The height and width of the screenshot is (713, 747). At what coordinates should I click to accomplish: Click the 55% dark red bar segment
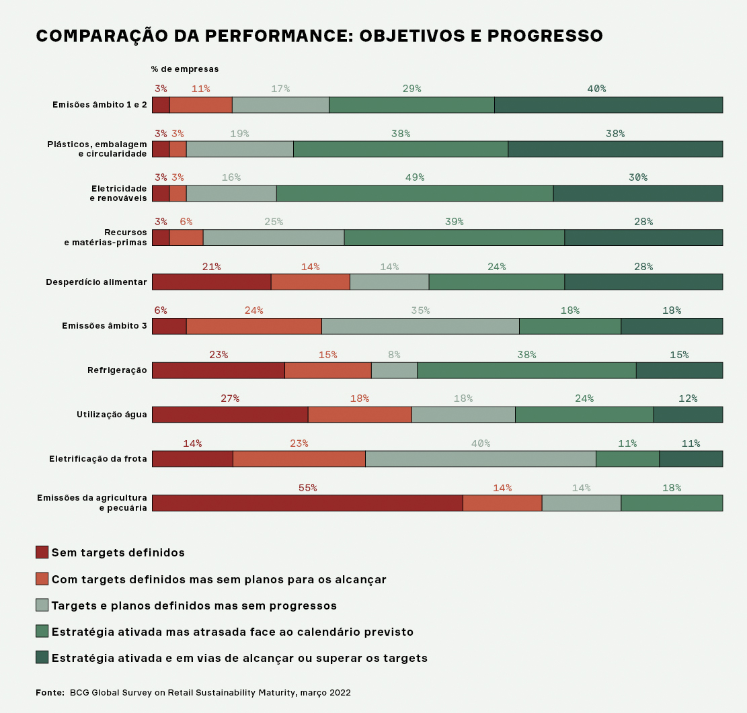307,503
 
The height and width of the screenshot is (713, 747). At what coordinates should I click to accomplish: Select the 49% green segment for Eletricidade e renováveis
415,193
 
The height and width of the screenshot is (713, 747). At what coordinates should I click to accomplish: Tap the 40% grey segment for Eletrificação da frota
481,458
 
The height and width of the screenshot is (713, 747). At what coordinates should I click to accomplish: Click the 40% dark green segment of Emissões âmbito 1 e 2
608,105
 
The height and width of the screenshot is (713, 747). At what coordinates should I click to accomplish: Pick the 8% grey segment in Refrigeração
394,370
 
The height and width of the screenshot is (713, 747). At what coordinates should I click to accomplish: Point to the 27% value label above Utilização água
230,399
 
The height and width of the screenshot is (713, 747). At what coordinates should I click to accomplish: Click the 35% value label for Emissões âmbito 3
420,310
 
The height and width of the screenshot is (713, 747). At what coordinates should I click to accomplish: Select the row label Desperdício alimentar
96,282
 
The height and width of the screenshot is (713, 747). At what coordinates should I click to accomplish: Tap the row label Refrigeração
117,370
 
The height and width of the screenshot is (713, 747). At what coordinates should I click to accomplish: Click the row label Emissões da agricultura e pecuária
92,503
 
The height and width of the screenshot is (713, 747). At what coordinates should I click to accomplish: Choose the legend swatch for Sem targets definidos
42,552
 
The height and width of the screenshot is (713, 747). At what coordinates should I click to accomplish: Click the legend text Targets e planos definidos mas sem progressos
194,605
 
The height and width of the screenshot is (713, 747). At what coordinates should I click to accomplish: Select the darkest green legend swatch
42,657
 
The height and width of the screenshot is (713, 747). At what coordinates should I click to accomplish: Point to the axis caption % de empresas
185,69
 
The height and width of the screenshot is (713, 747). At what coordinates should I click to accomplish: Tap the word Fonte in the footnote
50,692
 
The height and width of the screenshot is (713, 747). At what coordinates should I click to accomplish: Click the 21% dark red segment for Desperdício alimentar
211,282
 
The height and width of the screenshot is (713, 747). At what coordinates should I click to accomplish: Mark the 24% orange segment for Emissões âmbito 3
253,326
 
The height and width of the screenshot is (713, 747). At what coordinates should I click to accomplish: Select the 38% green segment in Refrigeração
526,370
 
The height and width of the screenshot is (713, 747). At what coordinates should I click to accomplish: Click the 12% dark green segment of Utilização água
688,415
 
